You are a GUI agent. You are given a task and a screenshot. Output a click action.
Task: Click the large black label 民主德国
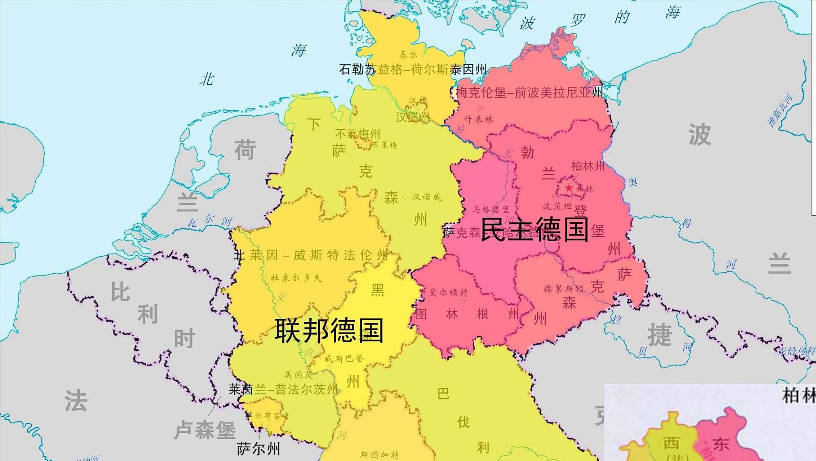pyautogui.click(x=535, y=229)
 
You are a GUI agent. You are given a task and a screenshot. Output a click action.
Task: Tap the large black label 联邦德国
pyautogui.click(x=329, y=330)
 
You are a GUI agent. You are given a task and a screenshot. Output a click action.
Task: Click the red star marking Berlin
pyautogui.click(x=569, y=188)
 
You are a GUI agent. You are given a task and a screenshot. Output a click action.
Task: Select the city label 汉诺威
pyautogui.click(x=427, y=197)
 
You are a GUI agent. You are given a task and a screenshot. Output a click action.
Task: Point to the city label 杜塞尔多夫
pyautogui.click(x=296, y=278)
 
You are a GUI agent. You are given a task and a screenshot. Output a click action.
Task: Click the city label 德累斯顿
pyautogui.click(x=564, y=289)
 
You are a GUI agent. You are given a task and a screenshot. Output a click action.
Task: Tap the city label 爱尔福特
pyautogui.click(x=448, y=292)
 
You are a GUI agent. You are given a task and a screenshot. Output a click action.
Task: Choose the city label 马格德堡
pyautogui.click(x=491, y=209)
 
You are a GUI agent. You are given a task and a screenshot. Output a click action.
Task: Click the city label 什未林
pyautogui.click(x=479, y=120)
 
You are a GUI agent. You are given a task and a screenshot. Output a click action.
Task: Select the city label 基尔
pyautogui.click(x=408, y=54)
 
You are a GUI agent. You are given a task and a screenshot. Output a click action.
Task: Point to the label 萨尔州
pyautogui.click(x=258, y=449)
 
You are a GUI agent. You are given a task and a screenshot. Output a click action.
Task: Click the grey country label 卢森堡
pyautogui.click(x=205, y=430)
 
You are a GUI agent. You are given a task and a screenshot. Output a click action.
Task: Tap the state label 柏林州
pyautogui.click(x=588, y=166)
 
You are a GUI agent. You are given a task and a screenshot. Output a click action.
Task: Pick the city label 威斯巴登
pyautogui.click(x=344, y=358)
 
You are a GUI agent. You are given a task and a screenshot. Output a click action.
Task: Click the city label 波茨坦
pyautogui.click(x=557, y=206)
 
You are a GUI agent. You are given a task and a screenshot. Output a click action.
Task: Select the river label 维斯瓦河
pyautogui.click(x=780, y=110)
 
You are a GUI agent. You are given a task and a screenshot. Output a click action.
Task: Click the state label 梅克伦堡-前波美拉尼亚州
pyautogui.click(x=529, y=93)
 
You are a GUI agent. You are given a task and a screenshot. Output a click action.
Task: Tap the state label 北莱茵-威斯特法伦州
pyautogui.click(x=311, y=255)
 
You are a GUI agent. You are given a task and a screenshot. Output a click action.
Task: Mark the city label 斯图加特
pyautogui.click(x=380, y=455)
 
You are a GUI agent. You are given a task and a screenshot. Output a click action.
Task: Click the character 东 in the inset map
pyautogui.click(x=721, y=444)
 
